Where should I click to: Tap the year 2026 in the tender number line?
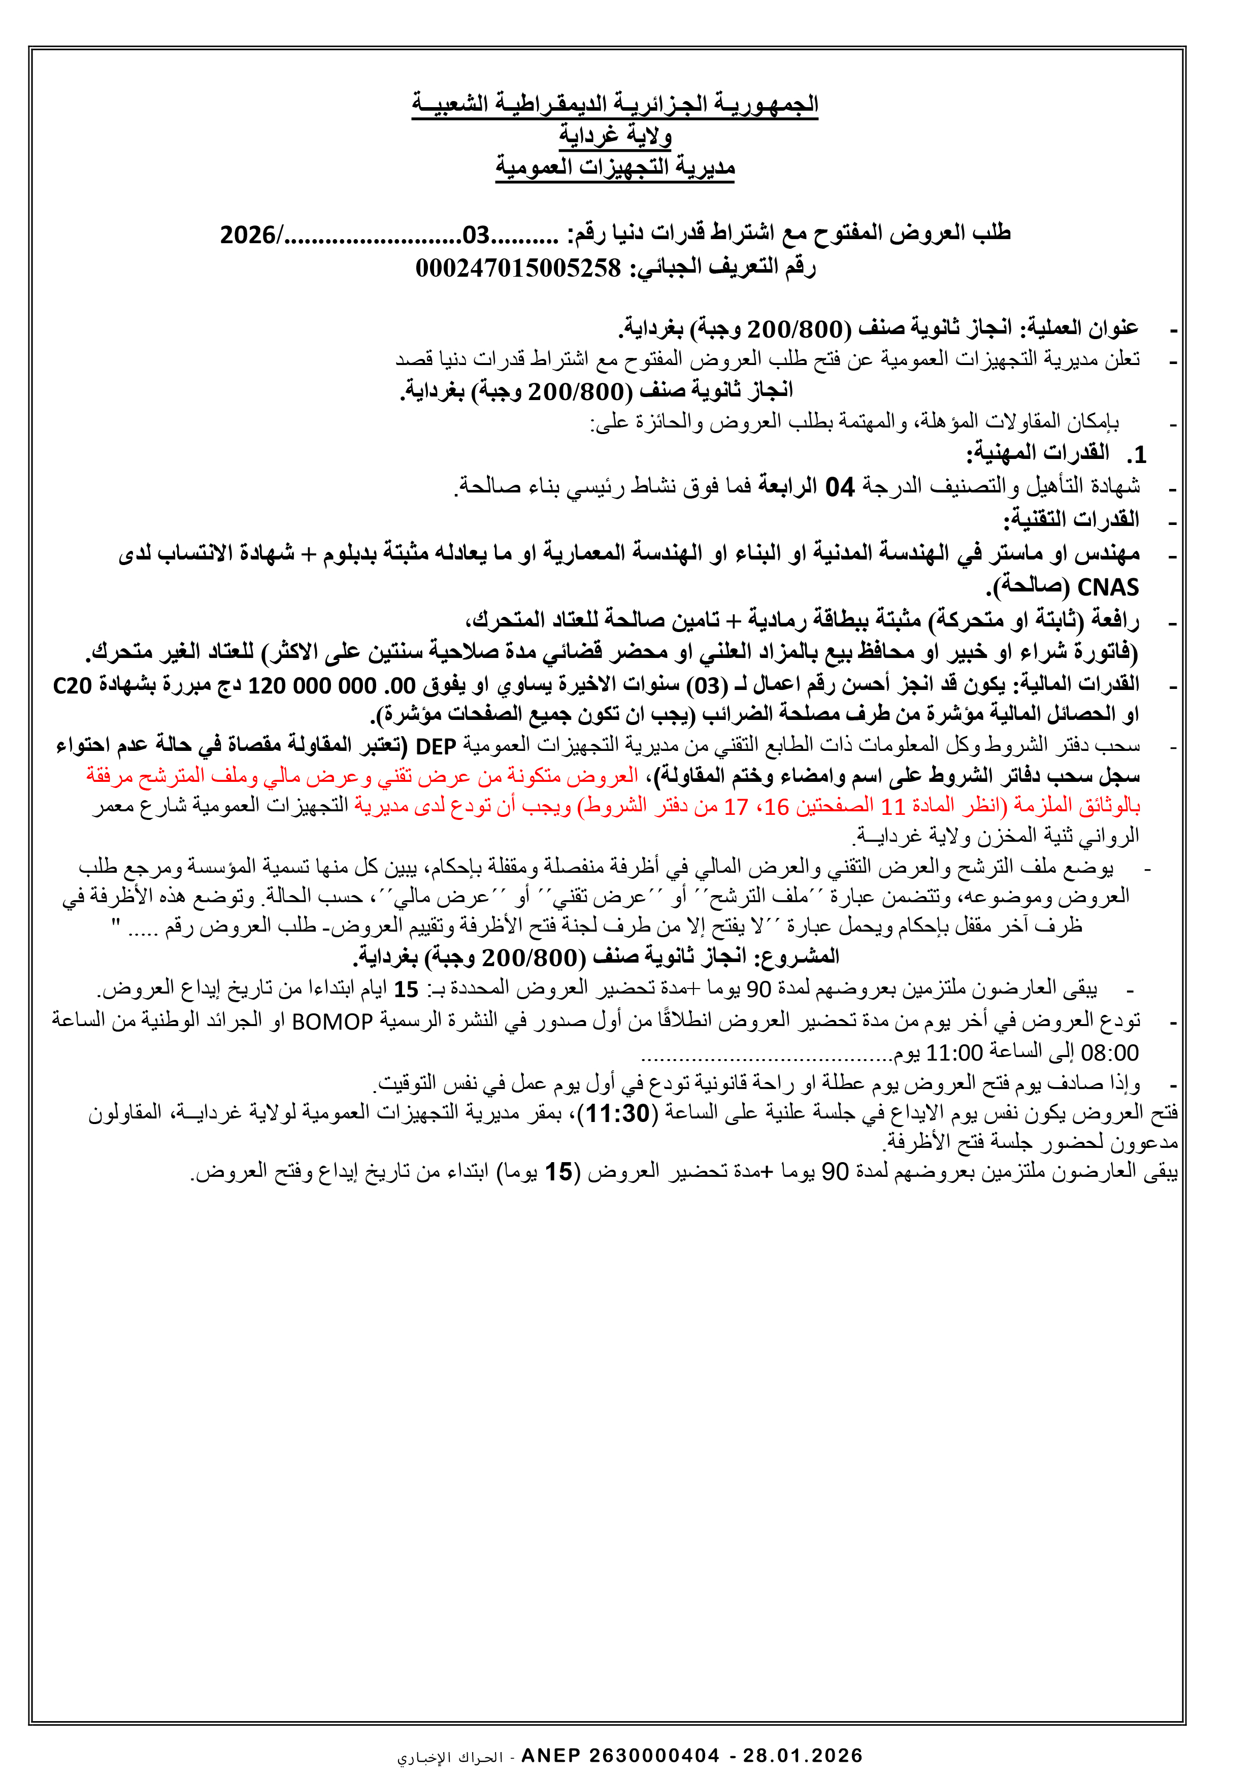(x=247, y=234)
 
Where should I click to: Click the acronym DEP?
(x=435, y=746)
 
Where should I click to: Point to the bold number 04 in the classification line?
(x=839, y=487)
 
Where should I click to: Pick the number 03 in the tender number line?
(x=476, y=234)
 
